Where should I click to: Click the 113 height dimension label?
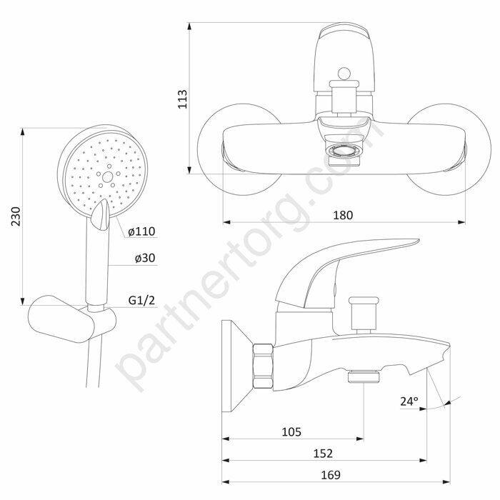pos(182,99)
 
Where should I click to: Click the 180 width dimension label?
pos(343,215)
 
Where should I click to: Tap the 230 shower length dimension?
pos(16,216)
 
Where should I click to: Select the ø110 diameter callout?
pos(141,231)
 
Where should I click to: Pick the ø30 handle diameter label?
pos(145,258)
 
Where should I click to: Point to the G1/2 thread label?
pos(141,300)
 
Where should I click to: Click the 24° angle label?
pos(409,401)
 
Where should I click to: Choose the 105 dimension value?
pos(291,431)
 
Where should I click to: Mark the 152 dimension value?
pos(323,453)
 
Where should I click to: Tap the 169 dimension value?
pos(330,475)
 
